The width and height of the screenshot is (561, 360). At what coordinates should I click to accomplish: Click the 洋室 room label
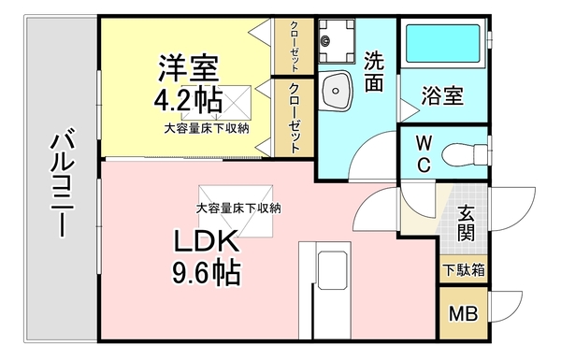click(x=188, y=67)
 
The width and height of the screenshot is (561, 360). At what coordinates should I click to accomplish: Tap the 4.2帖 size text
click(x=188, y=97)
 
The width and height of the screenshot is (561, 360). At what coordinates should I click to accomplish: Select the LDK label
click(x=205, y=243)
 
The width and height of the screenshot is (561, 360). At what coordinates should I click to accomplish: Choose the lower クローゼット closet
click(x=294, y=118)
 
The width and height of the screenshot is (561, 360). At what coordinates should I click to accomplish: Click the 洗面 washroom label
click(x=374, y=71)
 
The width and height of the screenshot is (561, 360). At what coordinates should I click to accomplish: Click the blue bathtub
click(x=444, y=43)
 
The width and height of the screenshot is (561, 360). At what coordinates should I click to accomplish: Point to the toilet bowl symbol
click(x=464, y=151)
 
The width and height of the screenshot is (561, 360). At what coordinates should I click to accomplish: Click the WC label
click(x=423, y=154)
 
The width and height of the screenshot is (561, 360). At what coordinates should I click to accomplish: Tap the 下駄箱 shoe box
click(x=464, y=270)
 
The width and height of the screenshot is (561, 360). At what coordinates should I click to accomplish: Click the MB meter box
click(x=462, y=313)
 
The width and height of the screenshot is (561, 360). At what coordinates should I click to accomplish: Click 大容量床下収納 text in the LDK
click(x=238, y=208)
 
